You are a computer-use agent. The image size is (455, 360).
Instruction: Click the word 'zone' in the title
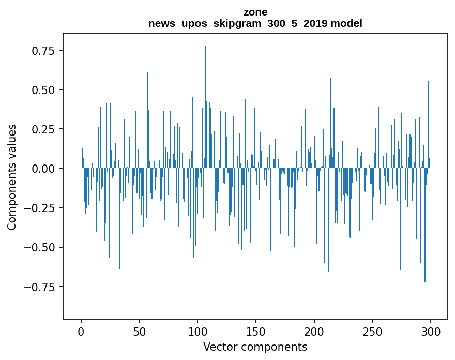[x=255, y=12]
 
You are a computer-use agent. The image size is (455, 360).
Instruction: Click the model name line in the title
[x=255, y=23]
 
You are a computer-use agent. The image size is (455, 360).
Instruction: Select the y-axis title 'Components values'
[x=12, y=177]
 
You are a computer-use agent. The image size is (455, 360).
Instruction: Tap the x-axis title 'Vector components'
[x=255, y=347]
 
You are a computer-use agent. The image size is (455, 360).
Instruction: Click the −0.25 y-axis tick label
[x=41, y=208]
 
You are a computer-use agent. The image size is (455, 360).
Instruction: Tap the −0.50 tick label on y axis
[x=41, y=247]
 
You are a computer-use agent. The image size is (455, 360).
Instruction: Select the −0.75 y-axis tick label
[x=41, y=287]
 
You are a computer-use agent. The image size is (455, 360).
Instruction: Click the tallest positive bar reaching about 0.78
[x=206, y=103]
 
